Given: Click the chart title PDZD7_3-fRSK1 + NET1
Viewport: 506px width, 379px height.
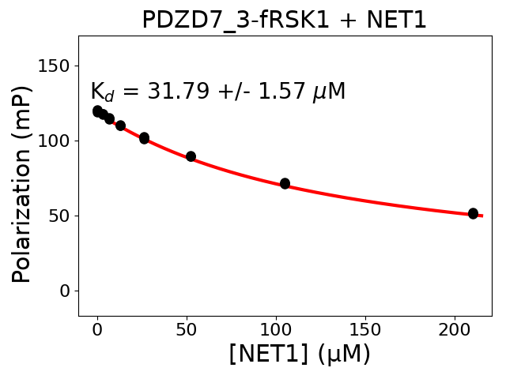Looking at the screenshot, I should (285, 20).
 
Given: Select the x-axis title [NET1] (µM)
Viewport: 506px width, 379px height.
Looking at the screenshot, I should (300, 354).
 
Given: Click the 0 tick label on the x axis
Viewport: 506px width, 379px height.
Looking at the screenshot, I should (97, 330).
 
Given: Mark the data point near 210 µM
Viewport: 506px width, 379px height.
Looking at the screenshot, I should (473, 213).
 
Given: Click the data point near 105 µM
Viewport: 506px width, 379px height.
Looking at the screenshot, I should (285, 183).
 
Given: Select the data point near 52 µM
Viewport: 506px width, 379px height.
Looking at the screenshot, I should (191, 156).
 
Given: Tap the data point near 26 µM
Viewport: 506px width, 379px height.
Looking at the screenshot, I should (144, 138).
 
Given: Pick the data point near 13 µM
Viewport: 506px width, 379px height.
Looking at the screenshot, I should (120, 126).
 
